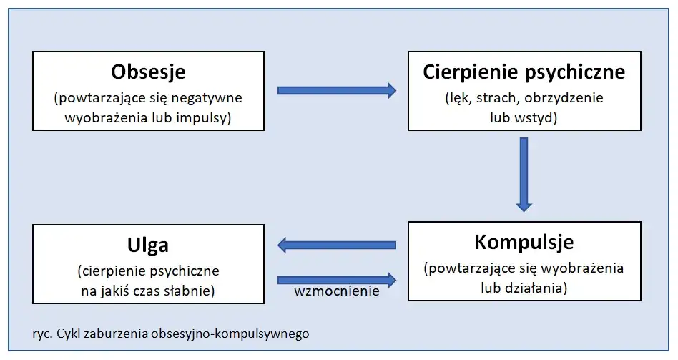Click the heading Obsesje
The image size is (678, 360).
[x=149, y=72]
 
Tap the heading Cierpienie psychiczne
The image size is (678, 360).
[x=524, y=72]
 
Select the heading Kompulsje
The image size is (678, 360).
[x=524, y=242]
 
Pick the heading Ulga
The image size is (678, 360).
[x=149, y=245]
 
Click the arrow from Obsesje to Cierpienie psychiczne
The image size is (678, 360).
[x=336, y=90]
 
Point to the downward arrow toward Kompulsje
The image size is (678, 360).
[x=524, y=174]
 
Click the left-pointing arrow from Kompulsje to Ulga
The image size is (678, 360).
[x=336, y=245]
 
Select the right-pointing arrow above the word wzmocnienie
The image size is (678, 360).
[x=336, y=279]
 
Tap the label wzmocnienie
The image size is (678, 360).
[x=336, y=292]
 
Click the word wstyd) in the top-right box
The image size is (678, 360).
[x=536, y=117]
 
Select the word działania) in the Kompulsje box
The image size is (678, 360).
[x=540, y=288]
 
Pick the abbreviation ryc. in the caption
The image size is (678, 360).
[x=42, y=334]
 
